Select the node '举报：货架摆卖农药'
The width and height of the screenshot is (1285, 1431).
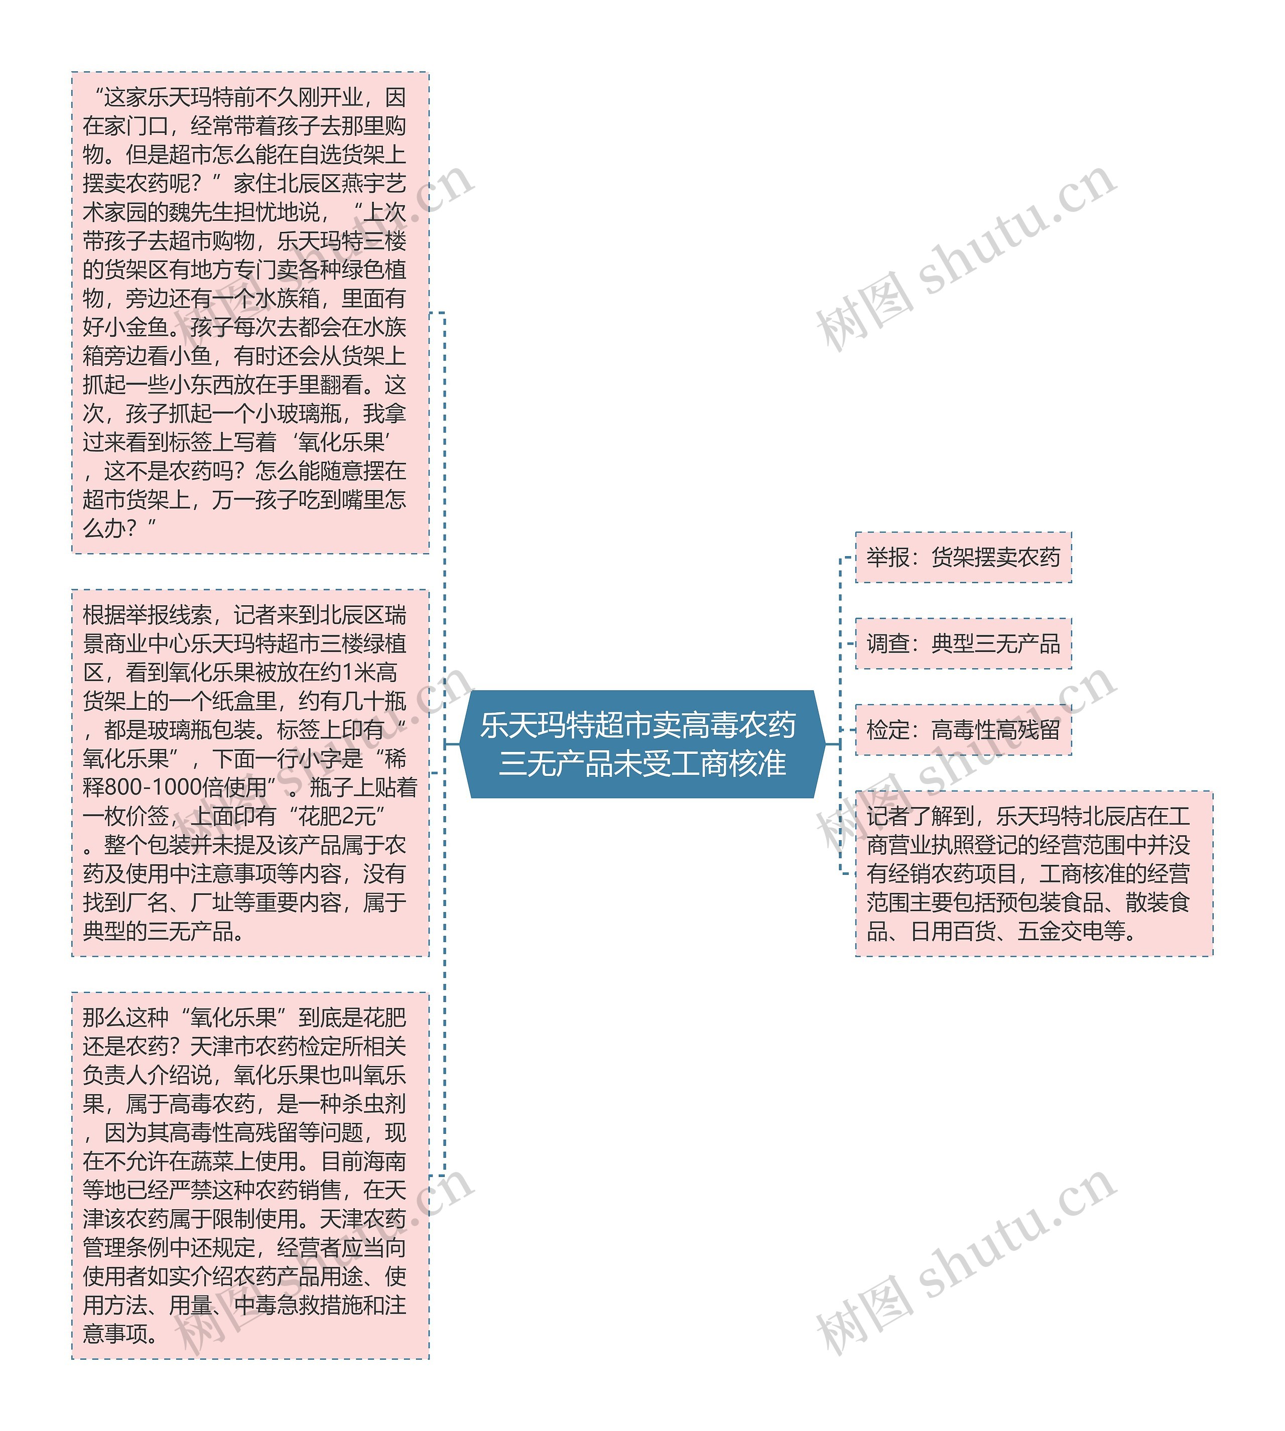(x=963, y=557)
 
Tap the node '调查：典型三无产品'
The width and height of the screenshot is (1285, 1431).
(x=963, y=643)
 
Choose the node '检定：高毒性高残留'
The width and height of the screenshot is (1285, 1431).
(x=963, y=729)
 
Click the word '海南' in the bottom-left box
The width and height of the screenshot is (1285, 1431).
(x=385, y=1161)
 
